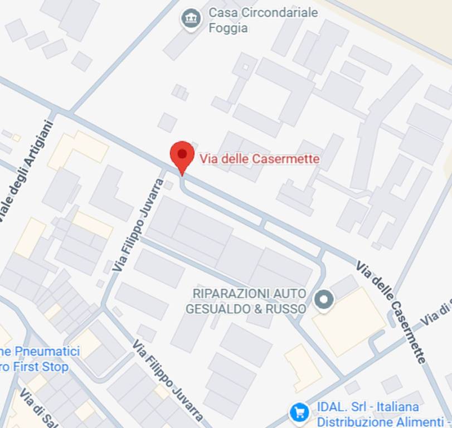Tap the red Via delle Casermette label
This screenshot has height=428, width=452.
click(260, 159)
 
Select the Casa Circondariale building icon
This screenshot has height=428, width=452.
click(191, 19)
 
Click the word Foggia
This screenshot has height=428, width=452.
click(228, 28)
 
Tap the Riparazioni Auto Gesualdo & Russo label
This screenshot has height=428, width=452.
click(249, 301)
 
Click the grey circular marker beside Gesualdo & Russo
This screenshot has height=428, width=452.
click(324, 300)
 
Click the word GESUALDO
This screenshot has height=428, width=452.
click(223, 309)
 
